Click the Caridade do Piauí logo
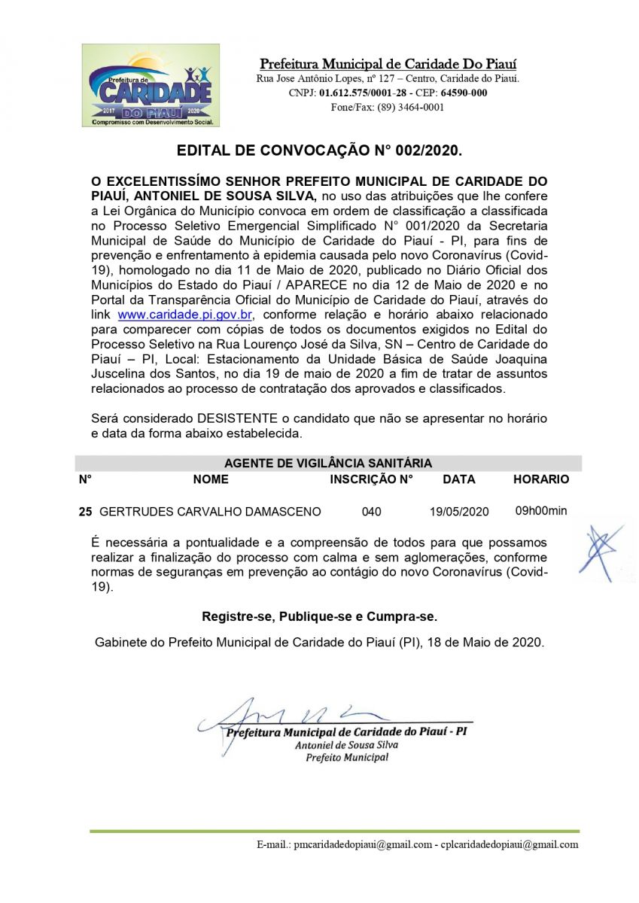click(151, 85)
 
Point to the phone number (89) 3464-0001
click(410, 107)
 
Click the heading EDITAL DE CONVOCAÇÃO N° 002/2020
click(319, 150)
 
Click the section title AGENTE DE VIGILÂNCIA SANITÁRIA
click(328, 464)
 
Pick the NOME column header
click(211, 479)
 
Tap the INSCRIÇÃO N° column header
click(372, 479)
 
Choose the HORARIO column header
click(541, 479)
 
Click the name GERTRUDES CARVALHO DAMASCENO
click(210, 512)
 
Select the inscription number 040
click(371, 512)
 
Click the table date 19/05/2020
click(459, 512)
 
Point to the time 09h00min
click(541, 511)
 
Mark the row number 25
click(85, 512)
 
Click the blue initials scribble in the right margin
click(601, 550)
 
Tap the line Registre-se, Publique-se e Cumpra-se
click(319, 617)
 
